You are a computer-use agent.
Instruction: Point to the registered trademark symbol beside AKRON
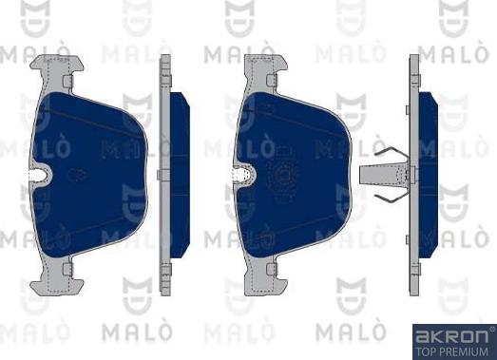click(489, 330)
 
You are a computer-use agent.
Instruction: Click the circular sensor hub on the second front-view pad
click(282, 175)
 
